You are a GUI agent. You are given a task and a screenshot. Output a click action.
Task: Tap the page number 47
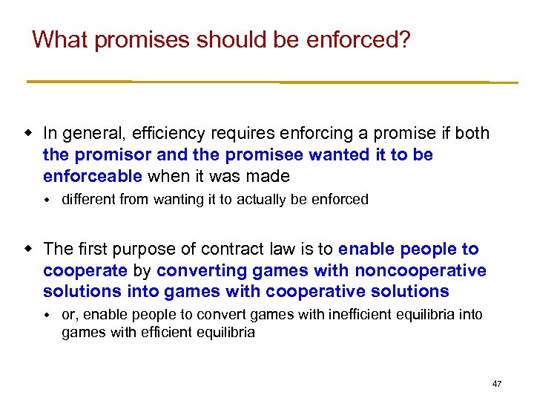click(x=496, y=383)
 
